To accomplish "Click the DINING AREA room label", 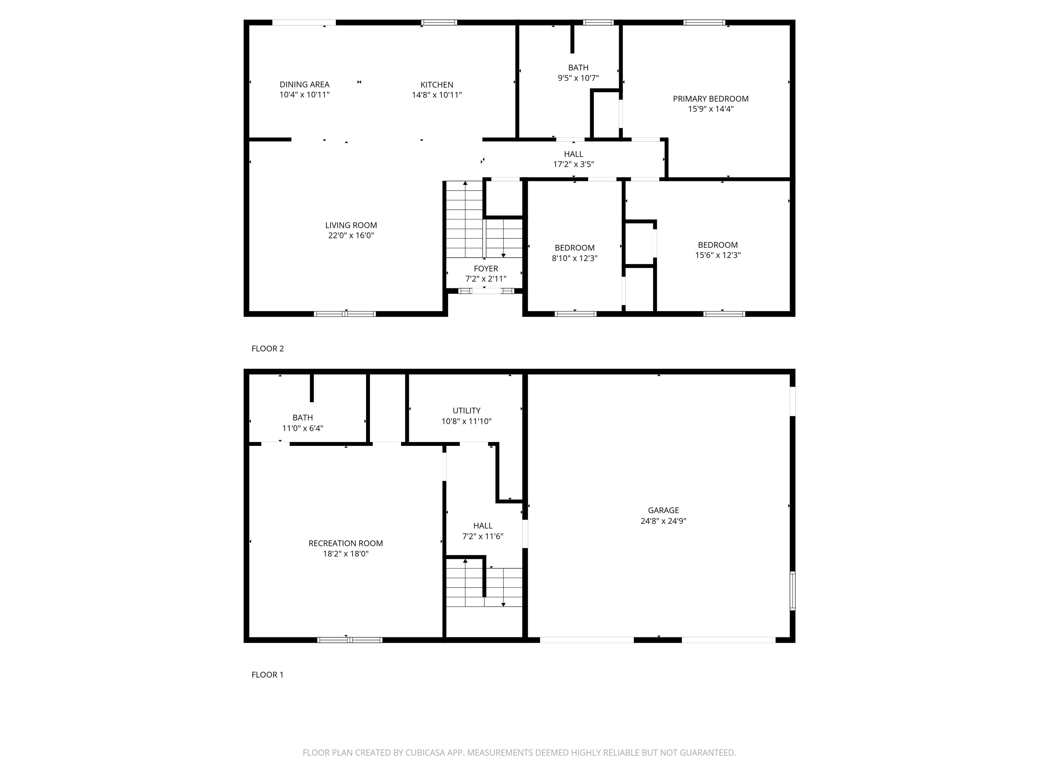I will [304, 85].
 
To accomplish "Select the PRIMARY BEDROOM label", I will [710, 99].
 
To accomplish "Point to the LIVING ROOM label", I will [351, 226].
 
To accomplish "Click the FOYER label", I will [486, 268].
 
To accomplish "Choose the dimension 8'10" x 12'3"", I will [574, 258].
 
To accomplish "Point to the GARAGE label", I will [663, 511].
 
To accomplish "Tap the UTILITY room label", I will [466, 410].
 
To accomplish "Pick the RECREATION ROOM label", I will [345, 543].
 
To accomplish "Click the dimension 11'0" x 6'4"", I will [302, 428].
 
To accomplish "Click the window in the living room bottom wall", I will [345, 314].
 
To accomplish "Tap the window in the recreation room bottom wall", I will [349, 640].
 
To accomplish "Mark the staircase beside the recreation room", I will [484, 587].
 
